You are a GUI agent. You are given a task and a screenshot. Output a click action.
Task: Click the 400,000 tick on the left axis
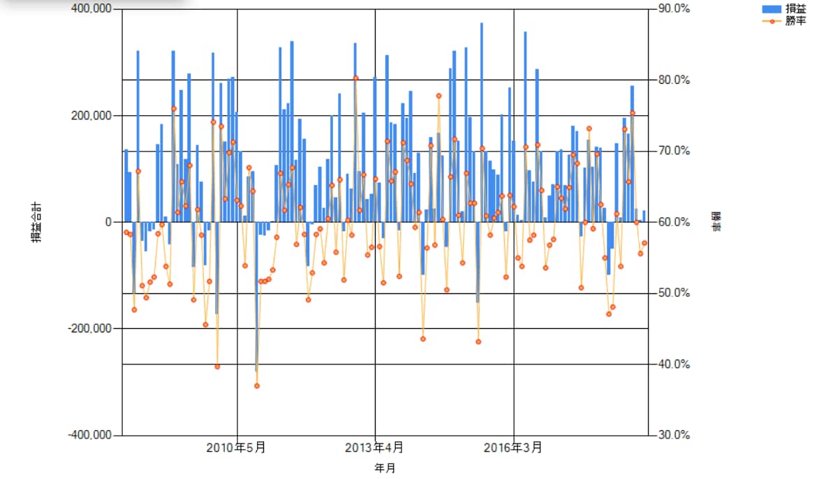pos(91,8)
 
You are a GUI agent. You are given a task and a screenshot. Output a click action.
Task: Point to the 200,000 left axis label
pos(91,115)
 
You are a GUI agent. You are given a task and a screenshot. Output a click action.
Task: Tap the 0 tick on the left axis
pos(108,222)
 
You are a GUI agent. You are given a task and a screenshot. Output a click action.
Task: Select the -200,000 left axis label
pos(90,328)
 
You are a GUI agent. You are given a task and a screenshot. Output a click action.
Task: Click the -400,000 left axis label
pos(90,435)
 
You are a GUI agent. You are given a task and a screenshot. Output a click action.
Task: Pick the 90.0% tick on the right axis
pos(674,8)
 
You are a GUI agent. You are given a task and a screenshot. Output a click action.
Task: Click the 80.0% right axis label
pos(674,80)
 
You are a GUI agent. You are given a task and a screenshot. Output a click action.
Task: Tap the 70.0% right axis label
pos(674,151)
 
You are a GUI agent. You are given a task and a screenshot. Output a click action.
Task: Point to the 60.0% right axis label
pos(674,222)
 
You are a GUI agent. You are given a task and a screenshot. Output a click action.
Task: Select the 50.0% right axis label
pos(674,293)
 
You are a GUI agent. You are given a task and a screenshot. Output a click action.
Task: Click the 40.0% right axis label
pos(674,364)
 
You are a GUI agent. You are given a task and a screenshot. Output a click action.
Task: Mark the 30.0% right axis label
pos(674,435)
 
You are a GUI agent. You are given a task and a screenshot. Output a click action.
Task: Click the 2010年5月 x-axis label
pos(236,448)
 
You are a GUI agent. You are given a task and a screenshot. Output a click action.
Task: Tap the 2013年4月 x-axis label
pos(374,448)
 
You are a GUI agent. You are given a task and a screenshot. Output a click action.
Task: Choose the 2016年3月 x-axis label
pos(513,448)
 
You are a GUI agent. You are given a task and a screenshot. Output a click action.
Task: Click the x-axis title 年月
pos(385,468)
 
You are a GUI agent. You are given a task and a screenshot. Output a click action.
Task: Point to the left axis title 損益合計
pos(36,222)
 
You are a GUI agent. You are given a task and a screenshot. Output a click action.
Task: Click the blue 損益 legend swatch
pos(772,9)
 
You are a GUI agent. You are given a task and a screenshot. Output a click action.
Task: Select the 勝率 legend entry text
pos(796,21)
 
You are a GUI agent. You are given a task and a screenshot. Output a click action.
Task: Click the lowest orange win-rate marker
pos(257,386)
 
